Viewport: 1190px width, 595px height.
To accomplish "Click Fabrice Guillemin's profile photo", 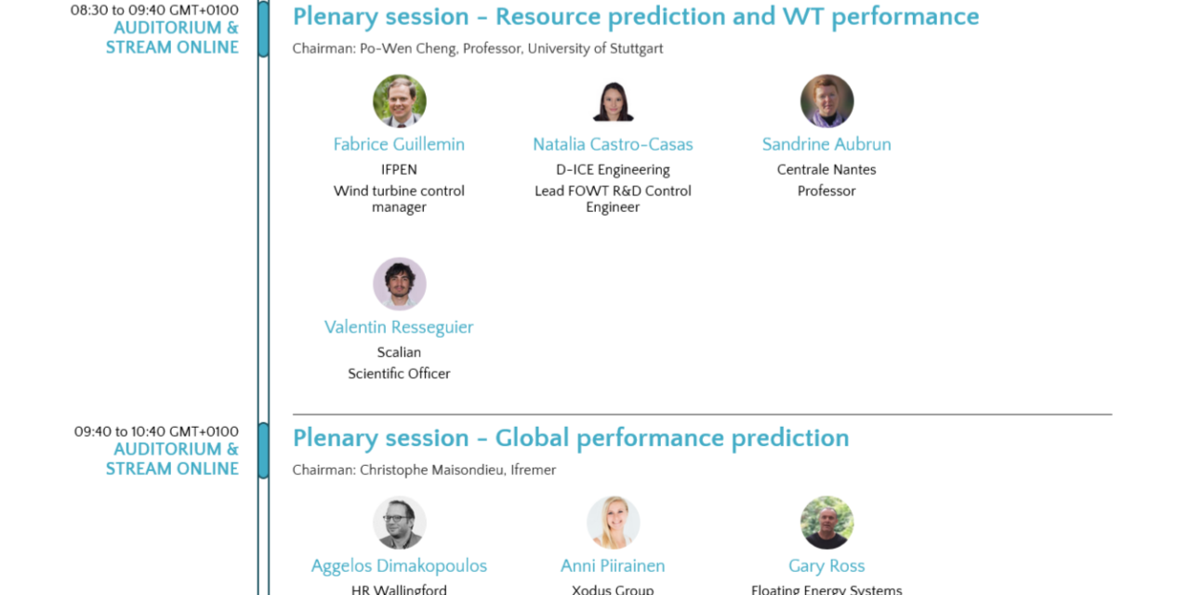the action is [x=400, y=101].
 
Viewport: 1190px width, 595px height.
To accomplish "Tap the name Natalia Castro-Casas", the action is [x=613, y=144].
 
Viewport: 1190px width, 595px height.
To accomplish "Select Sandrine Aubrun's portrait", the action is [x=827, y=101].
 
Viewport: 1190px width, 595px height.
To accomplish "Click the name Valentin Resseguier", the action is [x=399, y=326].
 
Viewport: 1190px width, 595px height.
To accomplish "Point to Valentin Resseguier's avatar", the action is [x=400, y=284].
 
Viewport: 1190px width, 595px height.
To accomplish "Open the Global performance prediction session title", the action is [x=571, y=438].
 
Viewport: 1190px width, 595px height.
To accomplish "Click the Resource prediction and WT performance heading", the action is [x=636, y=17].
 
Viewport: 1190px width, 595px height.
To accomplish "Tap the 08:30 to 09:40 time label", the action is [x=154, y=10].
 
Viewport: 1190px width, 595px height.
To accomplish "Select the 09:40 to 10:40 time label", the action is [x=156, y=431].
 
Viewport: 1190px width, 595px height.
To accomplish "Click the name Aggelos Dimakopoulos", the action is [x=399, y=566].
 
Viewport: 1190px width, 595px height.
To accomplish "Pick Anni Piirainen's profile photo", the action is [x=613, y=522].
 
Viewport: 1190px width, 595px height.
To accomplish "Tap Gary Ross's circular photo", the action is [x=827, y=522].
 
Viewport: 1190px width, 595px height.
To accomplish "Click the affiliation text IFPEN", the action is [x=399, y=169].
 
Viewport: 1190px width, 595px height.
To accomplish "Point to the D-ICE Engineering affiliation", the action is [x=613, y=169].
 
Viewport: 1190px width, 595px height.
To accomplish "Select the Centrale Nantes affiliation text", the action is [x=826, y=169].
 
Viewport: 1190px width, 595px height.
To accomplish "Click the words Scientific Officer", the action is [x=399, y=374].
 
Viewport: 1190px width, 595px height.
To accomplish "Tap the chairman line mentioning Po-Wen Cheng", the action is [x=478, y=48].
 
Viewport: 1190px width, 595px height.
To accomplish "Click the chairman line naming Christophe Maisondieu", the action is [x=425, y=470].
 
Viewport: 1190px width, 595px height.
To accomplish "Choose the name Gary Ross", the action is [x=826, y=566].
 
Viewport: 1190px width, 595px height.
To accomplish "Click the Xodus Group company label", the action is [x=613, y=589].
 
